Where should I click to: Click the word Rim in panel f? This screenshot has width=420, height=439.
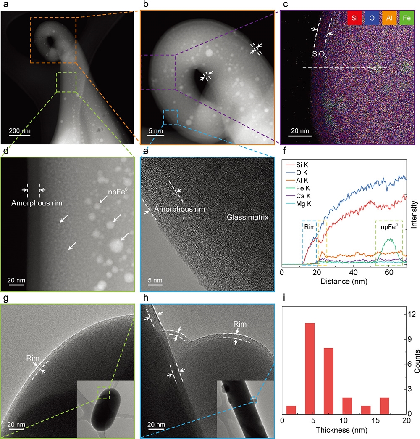click(310, 226)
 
